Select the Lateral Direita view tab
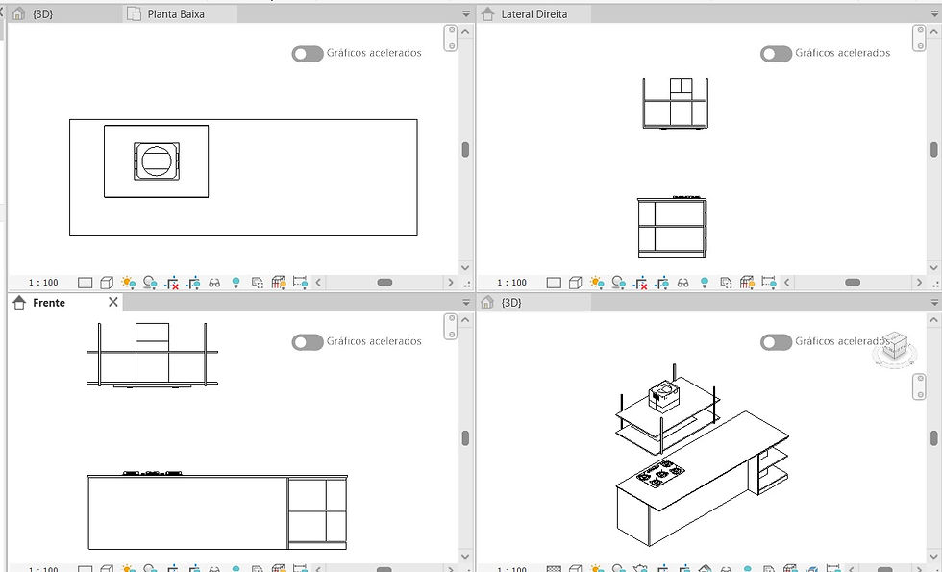[533, 13]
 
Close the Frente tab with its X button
[113, 302]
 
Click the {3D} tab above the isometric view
[510, 302]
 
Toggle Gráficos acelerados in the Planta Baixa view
[308, 54]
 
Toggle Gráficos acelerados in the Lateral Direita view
[776, 54]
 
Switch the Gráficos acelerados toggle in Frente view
[308, 342]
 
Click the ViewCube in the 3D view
[895, 348]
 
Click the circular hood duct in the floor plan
[157, 162]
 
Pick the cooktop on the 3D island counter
[660, 472]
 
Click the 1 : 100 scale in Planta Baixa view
[43, 283]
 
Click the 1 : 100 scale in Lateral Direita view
[511, 283]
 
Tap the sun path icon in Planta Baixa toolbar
[127, 283]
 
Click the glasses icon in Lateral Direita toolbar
[682, 283]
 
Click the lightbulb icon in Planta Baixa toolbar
[235, 283]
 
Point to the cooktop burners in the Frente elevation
[153, 473]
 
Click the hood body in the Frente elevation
[152, 353]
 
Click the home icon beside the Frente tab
[19, 302]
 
